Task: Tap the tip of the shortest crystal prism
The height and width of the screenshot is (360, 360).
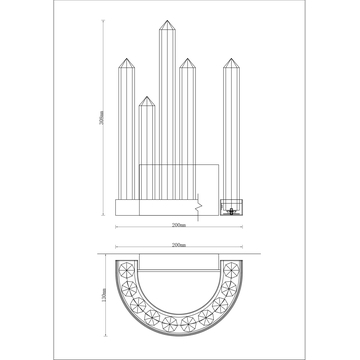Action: tap(147, 96)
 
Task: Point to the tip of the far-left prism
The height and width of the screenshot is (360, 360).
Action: tap(127, 59)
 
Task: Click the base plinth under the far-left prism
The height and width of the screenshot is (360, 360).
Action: tap(128, 206)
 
